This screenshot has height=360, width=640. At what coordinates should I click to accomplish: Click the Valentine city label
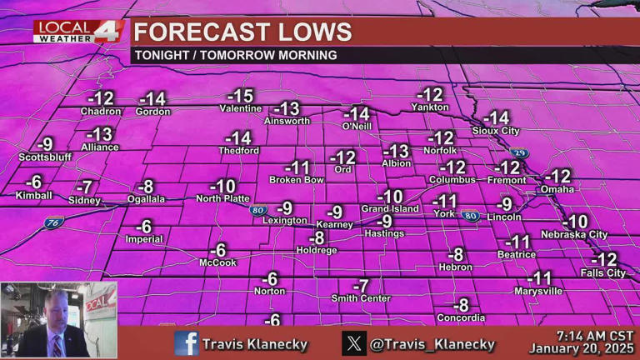[240, 109]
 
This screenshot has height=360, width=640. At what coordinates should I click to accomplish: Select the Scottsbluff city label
[45, 157]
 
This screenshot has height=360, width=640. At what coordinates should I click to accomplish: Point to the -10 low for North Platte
[222, 186]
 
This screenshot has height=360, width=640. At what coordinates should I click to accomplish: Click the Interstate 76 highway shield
[54, 222]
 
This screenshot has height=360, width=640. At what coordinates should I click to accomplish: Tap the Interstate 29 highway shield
[519, 153]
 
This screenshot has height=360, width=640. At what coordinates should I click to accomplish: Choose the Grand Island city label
[389, 208]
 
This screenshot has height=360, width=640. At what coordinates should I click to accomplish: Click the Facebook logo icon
[187, 342]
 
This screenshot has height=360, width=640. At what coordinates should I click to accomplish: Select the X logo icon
[354, 342]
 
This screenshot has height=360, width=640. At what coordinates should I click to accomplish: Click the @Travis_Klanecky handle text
[432, 343]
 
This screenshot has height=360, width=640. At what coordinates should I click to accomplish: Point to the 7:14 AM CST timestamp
[583, 335]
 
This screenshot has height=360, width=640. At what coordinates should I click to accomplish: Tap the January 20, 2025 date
[581, 348]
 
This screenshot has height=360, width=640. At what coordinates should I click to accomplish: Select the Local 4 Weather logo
[79, 31]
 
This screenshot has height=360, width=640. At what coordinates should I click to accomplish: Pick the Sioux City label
[495, 131]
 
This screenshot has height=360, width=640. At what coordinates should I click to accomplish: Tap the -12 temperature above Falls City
[603, 259]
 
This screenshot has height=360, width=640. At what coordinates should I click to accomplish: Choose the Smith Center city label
[361, 297]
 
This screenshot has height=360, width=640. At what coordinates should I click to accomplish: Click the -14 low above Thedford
[238, 137]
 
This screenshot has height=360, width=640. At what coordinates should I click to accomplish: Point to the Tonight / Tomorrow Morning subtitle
[235, 55]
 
